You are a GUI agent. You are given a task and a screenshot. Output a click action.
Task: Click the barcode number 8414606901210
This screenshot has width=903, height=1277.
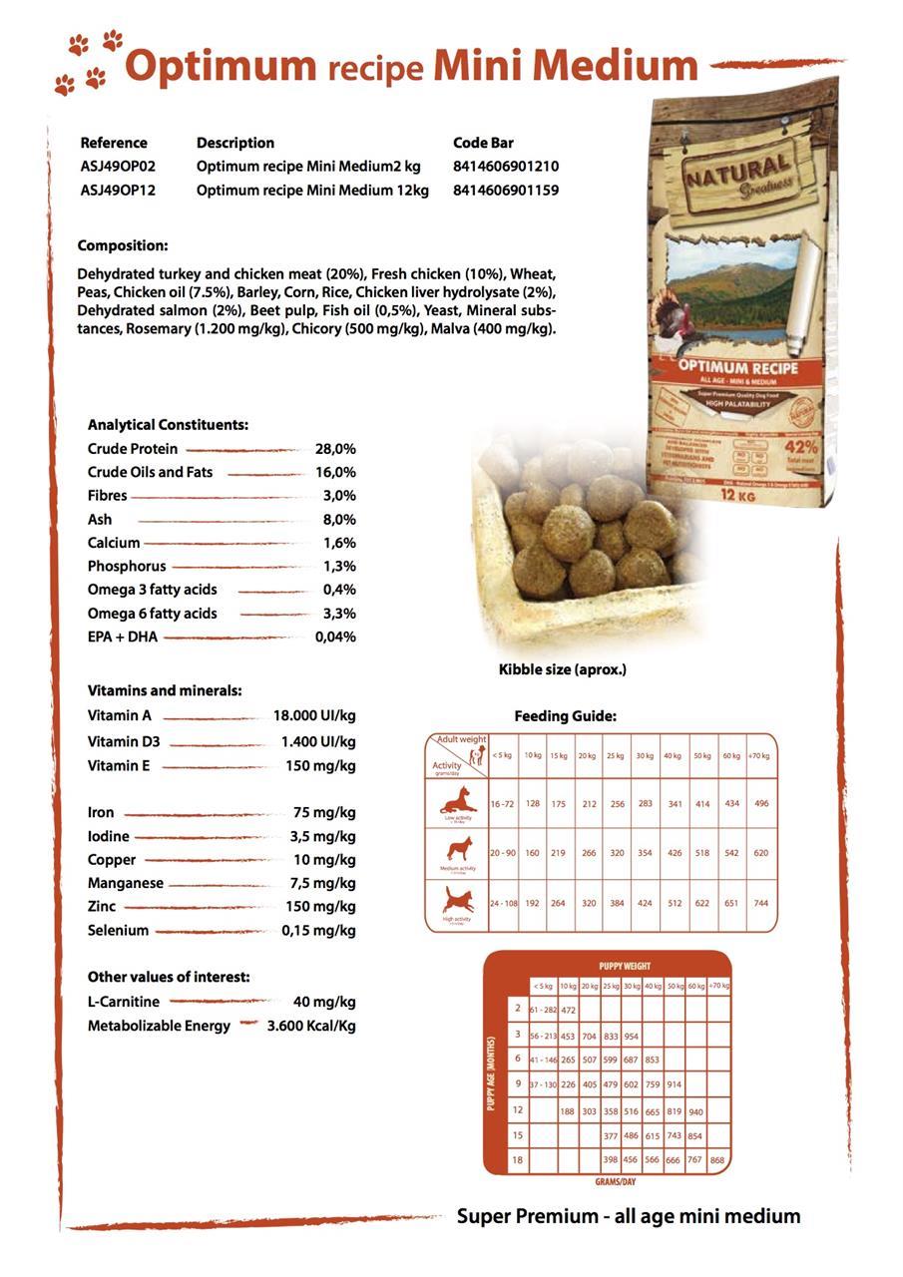[505, 167]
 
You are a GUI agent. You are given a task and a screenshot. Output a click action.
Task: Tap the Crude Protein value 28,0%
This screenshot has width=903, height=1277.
[335, 449]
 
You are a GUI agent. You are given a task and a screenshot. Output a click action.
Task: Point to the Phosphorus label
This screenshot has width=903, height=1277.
[127, 567]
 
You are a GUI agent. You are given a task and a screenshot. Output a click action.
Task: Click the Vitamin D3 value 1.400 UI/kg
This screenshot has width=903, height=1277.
[318, 742]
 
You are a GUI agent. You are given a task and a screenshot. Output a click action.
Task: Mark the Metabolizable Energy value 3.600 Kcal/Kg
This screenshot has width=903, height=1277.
[311, 1026]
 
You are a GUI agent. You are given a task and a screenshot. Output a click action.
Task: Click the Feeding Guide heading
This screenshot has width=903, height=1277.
[565, 716]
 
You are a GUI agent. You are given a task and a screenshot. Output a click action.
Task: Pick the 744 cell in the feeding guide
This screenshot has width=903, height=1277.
[761, 903]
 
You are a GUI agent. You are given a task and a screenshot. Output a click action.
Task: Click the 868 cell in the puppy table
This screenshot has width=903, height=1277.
[717, 1160]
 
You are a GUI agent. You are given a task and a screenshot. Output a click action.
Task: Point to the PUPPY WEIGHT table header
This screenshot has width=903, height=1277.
[625, 966]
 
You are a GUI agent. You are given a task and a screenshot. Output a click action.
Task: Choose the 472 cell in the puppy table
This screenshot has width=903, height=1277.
[569, 1011]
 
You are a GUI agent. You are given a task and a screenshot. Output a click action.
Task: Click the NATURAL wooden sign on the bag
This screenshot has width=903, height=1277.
[739, 172]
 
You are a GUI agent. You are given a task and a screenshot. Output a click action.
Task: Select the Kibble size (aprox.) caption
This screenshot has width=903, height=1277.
[563, 669]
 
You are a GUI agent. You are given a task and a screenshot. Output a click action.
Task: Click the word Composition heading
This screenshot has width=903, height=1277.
[123, 245]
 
